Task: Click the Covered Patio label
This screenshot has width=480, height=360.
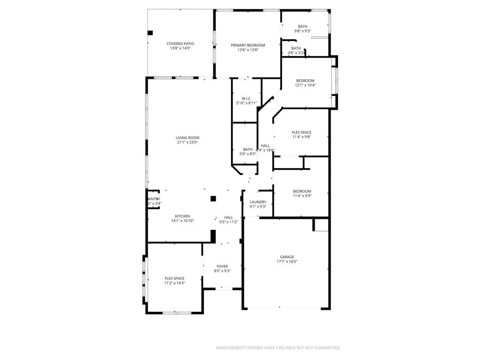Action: point(180,44)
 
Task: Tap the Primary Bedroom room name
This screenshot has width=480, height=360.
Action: point(247,45)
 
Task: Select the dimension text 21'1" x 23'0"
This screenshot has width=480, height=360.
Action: point(187,142)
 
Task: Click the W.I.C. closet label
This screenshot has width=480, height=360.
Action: point(247,98)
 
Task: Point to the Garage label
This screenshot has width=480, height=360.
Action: point(287,256)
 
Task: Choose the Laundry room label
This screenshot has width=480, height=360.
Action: point(258,202)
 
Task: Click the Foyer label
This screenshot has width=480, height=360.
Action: point(222,266)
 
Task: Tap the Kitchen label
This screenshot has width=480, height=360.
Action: point(182,216)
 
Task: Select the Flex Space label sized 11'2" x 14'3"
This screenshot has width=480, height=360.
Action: point(174,278)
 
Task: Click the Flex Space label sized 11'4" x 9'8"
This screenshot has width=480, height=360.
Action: point(301,132)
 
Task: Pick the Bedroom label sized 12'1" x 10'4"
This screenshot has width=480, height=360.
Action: point(305,81)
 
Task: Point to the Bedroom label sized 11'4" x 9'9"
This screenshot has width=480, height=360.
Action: point(302,191)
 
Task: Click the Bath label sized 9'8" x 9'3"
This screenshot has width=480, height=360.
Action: point(302,26)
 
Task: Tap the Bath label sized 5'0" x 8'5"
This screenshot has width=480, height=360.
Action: point(247,149)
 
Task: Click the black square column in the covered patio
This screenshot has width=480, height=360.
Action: point(150,33)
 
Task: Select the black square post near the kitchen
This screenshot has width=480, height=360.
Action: point(213,198)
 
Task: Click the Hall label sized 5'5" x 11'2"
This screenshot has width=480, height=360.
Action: point(228,217)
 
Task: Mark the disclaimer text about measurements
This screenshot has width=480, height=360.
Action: point(278,348)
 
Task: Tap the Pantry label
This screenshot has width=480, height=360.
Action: point(154,199)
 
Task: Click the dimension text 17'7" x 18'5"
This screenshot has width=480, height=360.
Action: point(287,262)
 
